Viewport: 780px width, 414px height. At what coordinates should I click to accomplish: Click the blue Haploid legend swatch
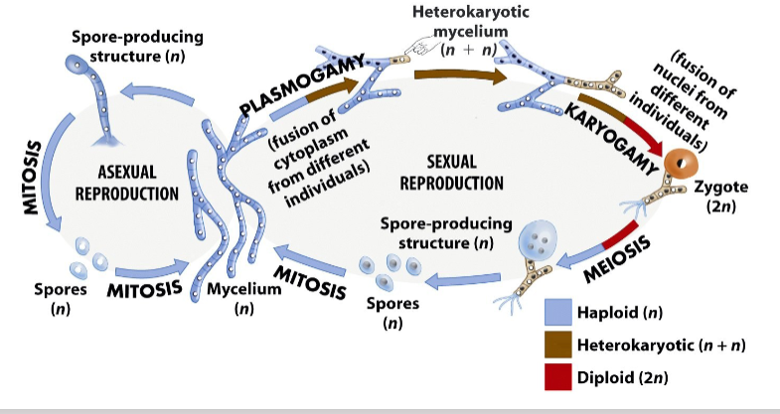(558, 312)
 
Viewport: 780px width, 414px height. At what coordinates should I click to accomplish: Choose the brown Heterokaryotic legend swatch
(558, 345)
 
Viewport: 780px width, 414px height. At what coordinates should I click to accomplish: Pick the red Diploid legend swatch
(558, 377)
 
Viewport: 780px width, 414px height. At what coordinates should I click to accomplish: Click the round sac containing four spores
(539, 238)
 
